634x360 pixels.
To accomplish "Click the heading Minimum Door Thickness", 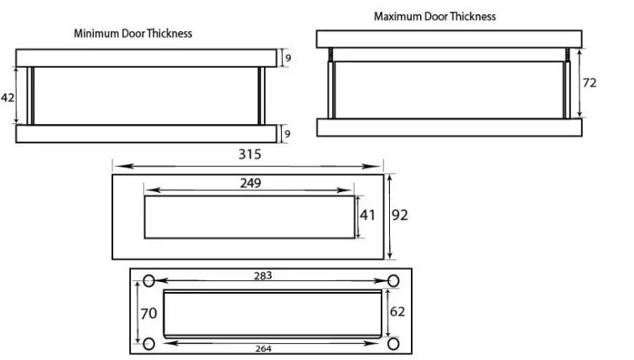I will pos(133,34).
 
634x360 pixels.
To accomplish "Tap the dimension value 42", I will pos(8,97).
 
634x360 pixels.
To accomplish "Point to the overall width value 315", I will pos(250,154).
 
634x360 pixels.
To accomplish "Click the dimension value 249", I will pos(250,183).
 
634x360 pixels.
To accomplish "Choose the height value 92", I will pos(399,215).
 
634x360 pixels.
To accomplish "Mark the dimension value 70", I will pos(148,312).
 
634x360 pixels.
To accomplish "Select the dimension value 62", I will pos(398,312).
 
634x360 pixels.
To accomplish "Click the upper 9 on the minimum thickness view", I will pos(288,58).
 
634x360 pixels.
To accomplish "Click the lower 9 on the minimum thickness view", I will pos(288,133).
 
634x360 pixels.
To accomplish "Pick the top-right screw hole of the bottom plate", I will pos(392,281).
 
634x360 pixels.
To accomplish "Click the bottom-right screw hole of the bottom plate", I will pos(392,343).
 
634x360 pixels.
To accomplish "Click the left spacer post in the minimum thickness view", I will pos(31,96).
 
